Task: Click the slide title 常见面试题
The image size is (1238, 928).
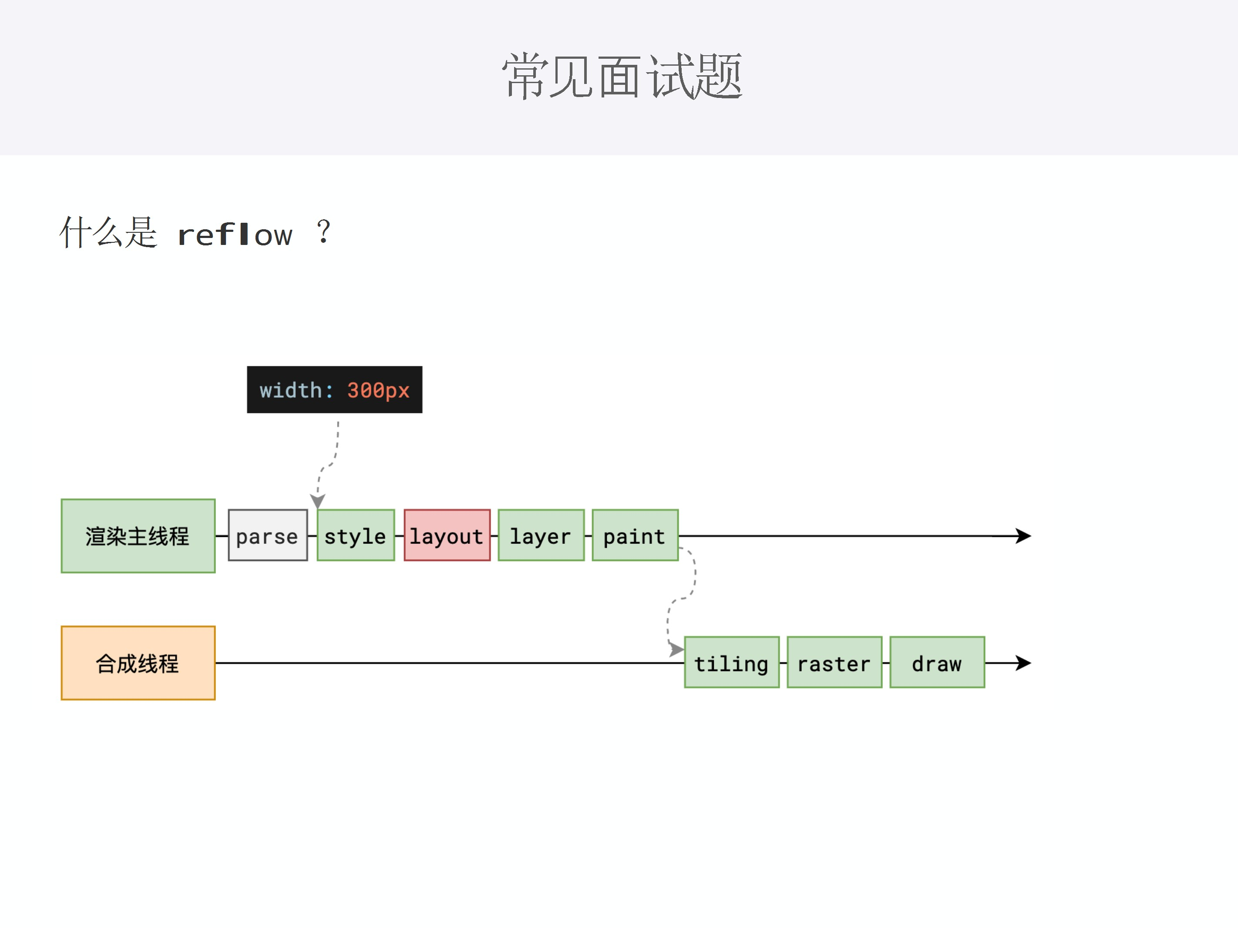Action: [x=621, y=77]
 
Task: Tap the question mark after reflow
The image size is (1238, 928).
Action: [x=323, y=231]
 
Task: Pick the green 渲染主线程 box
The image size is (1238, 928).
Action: [x=138, y=536]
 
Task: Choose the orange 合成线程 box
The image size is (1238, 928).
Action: [x=138, y=663]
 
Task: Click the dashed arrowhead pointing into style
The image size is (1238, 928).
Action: [x=318, y=501]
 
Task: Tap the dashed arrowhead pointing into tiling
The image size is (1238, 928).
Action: [x=676, y=650]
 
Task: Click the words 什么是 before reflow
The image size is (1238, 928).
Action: [x=108, y=232]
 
